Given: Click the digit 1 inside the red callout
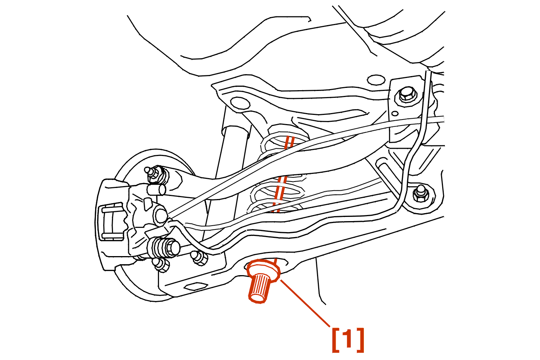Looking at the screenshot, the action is point(348,339).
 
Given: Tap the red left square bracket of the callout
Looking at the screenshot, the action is point(336,340).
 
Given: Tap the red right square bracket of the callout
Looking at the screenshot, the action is point(360,340).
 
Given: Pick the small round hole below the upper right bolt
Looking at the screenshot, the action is point(395,113).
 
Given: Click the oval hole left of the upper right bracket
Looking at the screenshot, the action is point(376,80).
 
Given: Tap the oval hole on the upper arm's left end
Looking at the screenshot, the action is point(240,104).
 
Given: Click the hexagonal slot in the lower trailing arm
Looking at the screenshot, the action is point(196,287).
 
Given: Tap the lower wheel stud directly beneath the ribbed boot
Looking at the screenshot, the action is point(161,265).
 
